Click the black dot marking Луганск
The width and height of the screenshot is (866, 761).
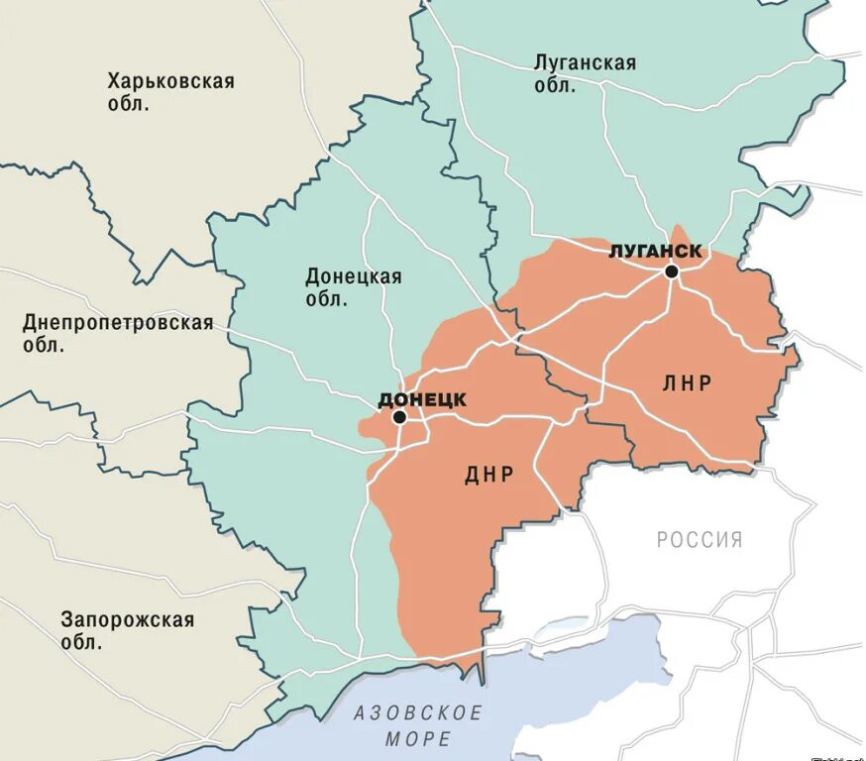click(x=672, y=271)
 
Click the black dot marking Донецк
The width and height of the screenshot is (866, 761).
click(x=399, y=417)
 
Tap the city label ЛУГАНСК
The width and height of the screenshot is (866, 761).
click(x=656, y=251)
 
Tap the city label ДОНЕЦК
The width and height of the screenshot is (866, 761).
click(x=422, y=399)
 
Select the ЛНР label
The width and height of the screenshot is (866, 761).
click(x=687, y=382)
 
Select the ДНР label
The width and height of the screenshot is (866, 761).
click(x=488, y=475)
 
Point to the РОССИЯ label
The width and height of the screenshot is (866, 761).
click(x=699, y=540)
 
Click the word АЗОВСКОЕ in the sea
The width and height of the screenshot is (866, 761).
click(x=418, y=713)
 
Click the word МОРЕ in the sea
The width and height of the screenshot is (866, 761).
click(x=418, y=739)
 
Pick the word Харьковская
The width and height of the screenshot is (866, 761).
click(x=171, y=81)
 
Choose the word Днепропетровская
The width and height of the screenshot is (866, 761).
click(x=118, y=323)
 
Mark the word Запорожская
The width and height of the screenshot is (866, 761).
click(x=127, y=620)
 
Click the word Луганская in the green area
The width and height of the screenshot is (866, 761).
click(x=585, y=63)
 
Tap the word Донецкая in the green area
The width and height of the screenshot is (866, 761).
click(x=354, y=276)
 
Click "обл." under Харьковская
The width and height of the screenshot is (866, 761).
click(x=129, y=104)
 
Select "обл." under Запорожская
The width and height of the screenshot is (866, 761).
click(x=81, y=643)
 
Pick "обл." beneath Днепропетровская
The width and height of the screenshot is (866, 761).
click(x=44, y=346)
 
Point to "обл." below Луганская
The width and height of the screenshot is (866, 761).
click(x=555, y=86)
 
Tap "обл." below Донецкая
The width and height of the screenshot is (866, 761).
click(x=326, y=299)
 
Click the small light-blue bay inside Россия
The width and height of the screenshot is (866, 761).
click(x=562, y=627)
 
